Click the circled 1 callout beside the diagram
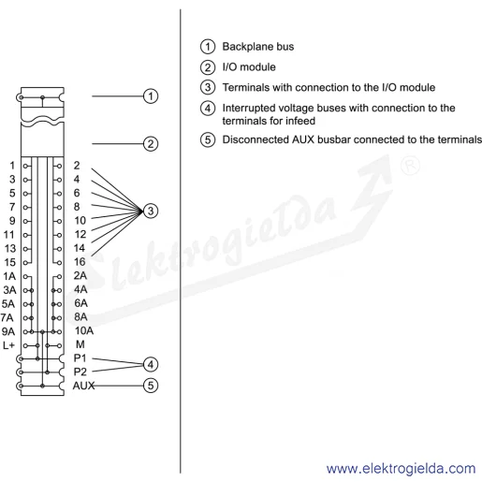[151, 96]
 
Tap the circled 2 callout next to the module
[151, 144]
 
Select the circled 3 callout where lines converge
[151, 212]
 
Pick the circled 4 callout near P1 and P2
[151, 364]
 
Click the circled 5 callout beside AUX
[151, 386]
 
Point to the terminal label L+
[8, 345]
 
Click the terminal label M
[80, 344]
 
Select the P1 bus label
[80, 358]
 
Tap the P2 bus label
[80, 372]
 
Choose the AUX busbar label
[83, 386]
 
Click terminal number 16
[80, 262]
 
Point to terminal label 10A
[84, 330]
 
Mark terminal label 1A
[9, 276]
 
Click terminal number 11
[8, 235]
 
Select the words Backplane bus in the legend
[258, 47]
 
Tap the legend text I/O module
[249, 67]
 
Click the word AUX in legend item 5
[303, 139]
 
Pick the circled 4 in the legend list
[208, 109]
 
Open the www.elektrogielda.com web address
[401, 469]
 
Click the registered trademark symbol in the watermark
[410, 166]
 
